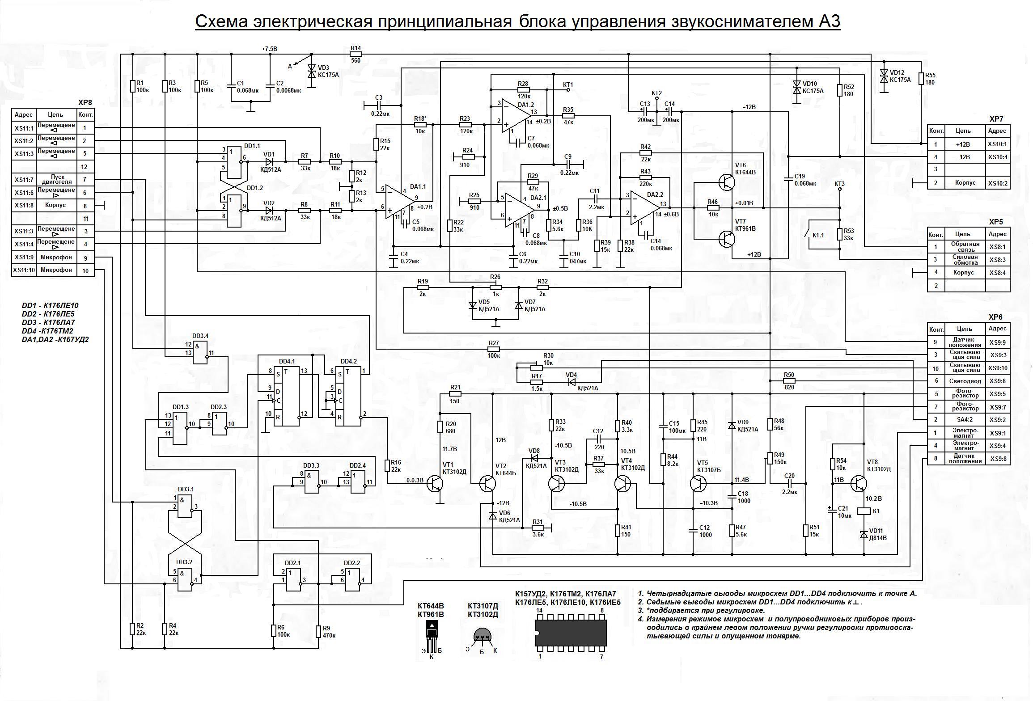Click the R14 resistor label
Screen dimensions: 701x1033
356,48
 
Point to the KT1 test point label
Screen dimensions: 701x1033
568,84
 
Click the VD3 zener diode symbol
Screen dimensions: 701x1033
311,72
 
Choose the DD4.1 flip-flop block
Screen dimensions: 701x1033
287,396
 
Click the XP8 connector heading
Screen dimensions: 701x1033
85,102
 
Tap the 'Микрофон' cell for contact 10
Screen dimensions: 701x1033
56,270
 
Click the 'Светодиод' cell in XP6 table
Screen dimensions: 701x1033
965,381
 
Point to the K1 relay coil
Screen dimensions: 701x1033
863,511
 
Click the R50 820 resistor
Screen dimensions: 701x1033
789,380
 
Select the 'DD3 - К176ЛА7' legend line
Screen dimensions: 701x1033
48,322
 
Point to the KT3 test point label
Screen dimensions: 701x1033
839,184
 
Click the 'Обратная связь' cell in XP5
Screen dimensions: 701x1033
965,246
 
